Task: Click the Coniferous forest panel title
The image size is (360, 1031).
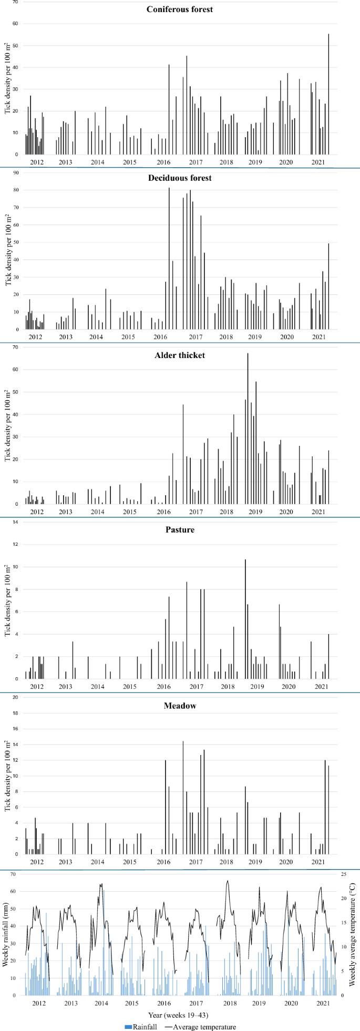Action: click(x=180, y=9)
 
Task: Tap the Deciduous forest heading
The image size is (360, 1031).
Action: click(x=180, y=178)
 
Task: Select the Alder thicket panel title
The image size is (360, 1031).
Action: click(x=180, y=355)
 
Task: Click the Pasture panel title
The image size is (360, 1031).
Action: click(x=180, y=529)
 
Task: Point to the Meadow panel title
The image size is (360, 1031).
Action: click(x=180, y=706)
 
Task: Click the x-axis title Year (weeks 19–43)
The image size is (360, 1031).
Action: click(x=180, y=1015)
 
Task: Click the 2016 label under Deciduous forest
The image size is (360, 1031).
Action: click(x=163, y=337)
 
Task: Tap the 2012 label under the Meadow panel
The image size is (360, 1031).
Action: click(x=37, y=862)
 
